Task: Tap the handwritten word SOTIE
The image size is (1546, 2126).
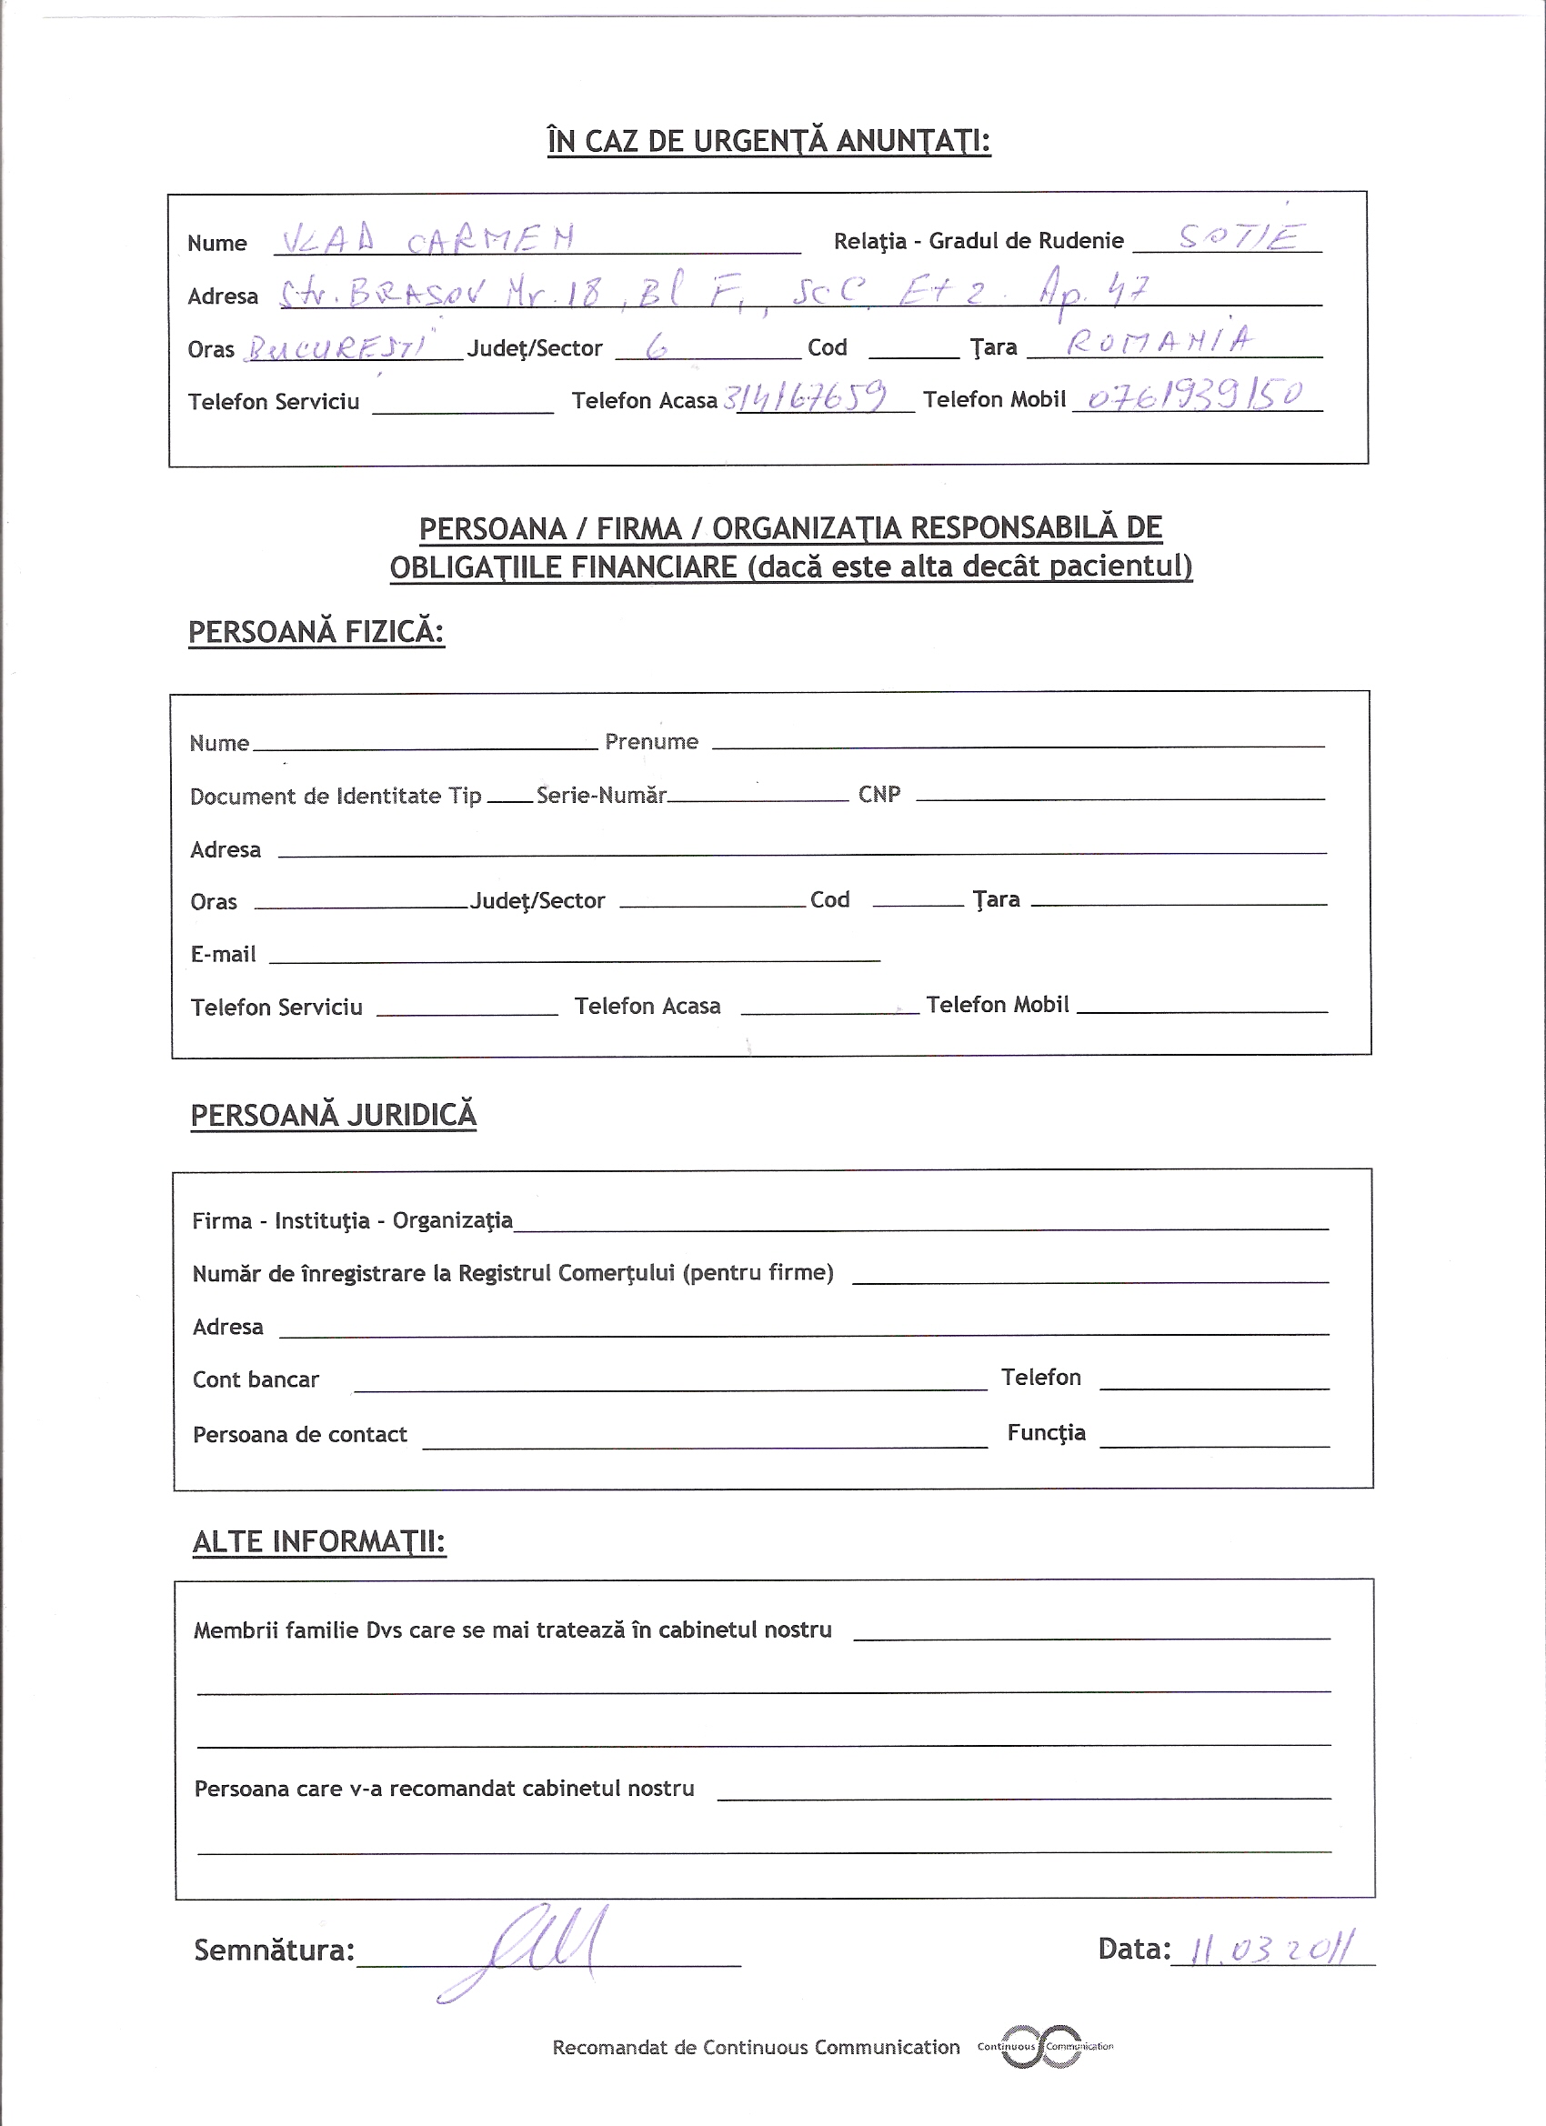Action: [x=1239, y=236]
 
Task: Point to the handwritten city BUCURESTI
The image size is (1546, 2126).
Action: [x=338, y=347]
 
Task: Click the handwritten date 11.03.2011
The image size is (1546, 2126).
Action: [x=1271, y=1951]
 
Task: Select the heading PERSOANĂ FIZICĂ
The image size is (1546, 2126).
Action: [x=316, y=632]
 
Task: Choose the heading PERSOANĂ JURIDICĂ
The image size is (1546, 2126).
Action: [x=334, y=1115]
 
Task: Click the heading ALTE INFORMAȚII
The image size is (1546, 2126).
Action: [x=319, y=1542]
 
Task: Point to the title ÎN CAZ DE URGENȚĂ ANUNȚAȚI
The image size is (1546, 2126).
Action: [x=768, y=141]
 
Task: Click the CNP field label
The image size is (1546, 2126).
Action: [x=879, y=794]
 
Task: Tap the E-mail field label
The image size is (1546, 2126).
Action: [x=223, y=954]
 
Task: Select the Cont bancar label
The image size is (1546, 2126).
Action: [x=256, y=1379]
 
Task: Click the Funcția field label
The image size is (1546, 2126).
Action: [x=1047, y=1432]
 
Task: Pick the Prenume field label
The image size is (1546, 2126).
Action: [x=651, y=741]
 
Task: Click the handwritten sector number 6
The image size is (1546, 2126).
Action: [x=657, y=347]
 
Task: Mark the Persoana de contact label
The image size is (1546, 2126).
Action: [x=300, y=1434]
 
